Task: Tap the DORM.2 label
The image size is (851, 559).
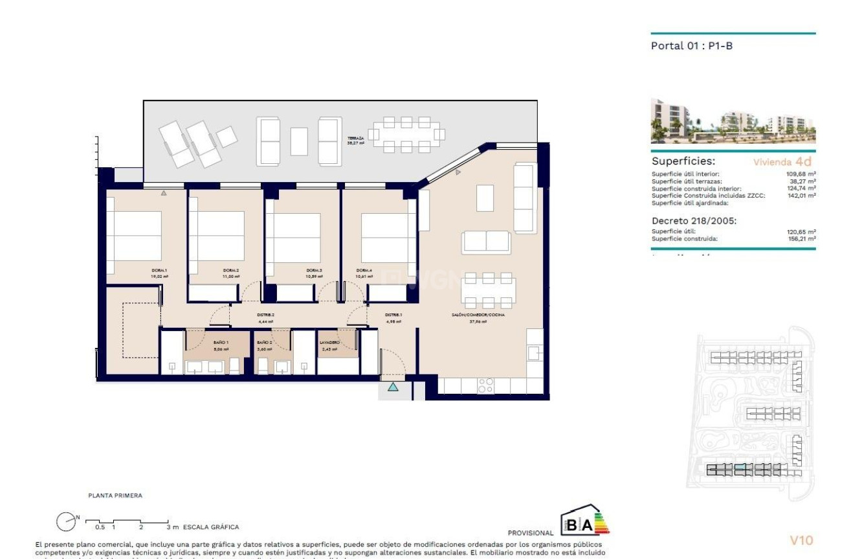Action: [x=231, y=270]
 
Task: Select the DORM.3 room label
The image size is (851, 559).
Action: [x=314, y=270]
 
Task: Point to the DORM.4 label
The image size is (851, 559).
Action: [x=364, y=270]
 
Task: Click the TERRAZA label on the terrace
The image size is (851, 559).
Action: [x=355, y=139]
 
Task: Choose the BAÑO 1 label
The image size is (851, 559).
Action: [x=221, y=342]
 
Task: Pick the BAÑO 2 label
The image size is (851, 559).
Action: [x=264, y=342]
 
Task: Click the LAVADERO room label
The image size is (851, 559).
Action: [x=329, y=342]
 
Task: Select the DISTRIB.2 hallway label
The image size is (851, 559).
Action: [x=266, y=315]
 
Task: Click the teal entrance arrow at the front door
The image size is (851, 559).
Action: [x=393, y=387]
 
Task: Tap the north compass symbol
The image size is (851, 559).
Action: [x=66, y=521]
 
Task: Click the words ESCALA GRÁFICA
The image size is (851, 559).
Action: [x=211, y=527]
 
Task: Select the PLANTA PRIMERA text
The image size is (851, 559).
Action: [x=115, y=496]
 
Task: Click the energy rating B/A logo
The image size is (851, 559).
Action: [x=585, y=520]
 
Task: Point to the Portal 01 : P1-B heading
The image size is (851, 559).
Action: [x=691, y=46]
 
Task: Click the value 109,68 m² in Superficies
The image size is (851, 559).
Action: [x=801, y=174]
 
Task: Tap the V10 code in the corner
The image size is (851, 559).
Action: [x=801, y=540]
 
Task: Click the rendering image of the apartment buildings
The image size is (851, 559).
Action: [x=733, y=121]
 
